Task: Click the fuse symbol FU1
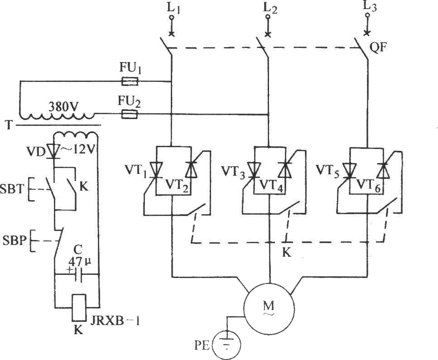tap(130, 82)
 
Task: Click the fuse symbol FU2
tap(130, 114)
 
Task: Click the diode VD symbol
tap(53, 152)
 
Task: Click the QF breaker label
tap(378, 48)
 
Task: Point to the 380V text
tap(63, 106)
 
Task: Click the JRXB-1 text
tap(115, 321)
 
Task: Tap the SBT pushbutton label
tap(12, 190)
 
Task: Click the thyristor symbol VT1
tap(156, 170)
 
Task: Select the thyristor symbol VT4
tap(285, 170)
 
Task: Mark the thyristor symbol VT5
tap(349, 170)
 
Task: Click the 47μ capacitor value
tap(79, 262)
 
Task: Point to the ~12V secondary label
tap(78, 151)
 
